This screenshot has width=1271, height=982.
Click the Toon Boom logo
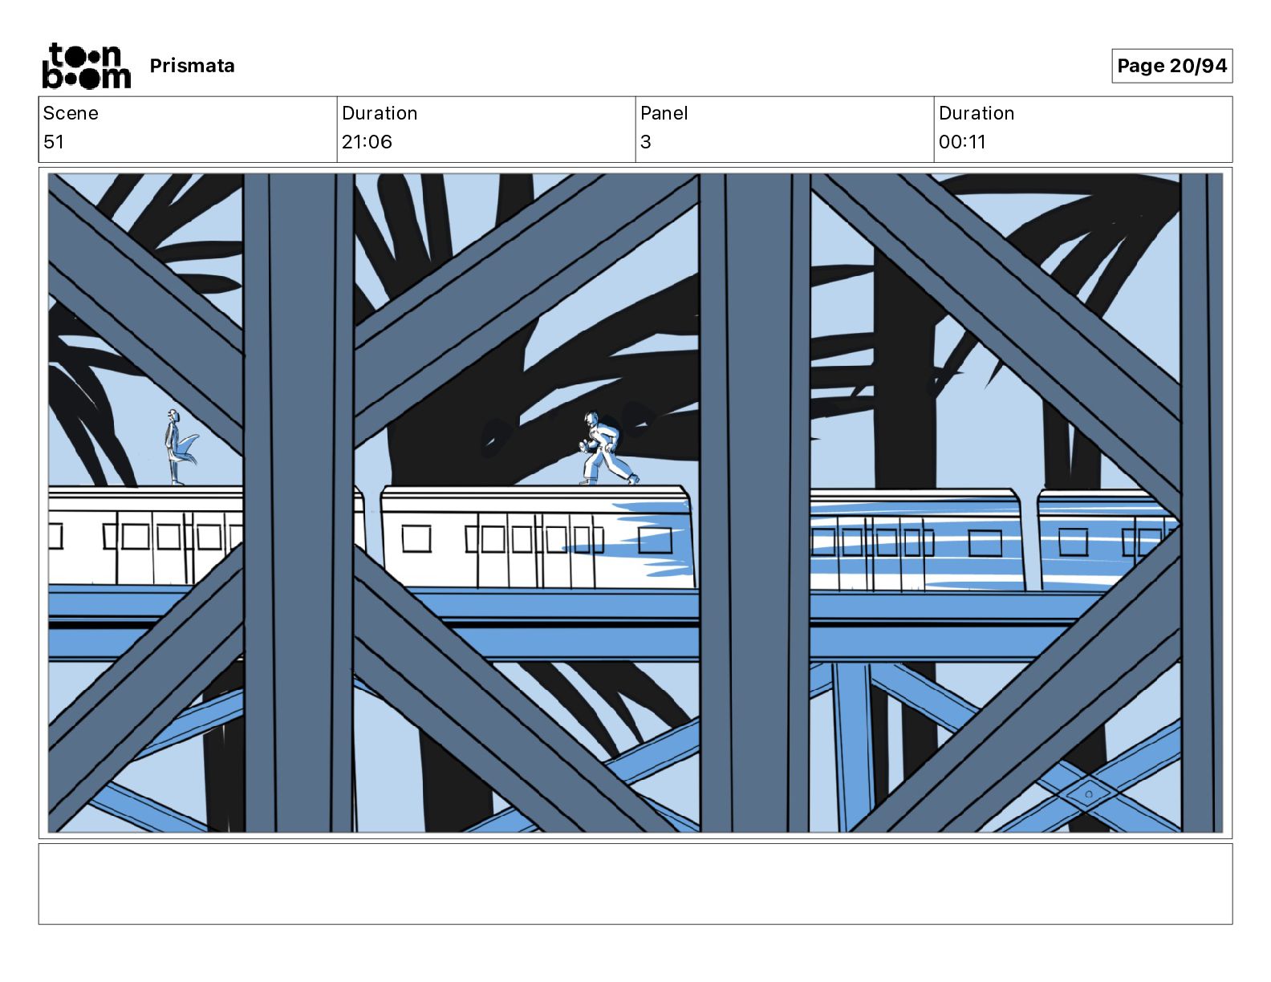87,66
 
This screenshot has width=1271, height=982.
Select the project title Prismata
192,66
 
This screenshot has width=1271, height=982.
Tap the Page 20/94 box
1172,66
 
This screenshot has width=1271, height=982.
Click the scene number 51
53,141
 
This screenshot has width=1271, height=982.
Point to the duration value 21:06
367,141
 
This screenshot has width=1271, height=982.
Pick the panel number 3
646,141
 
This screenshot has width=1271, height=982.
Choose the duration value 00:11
962,141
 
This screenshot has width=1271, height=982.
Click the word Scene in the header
71,113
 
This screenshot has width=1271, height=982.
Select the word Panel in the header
664,113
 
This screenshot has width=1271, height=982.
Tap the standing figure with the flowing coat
178,447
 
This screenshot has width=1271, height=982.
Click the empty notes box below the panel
635,884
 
